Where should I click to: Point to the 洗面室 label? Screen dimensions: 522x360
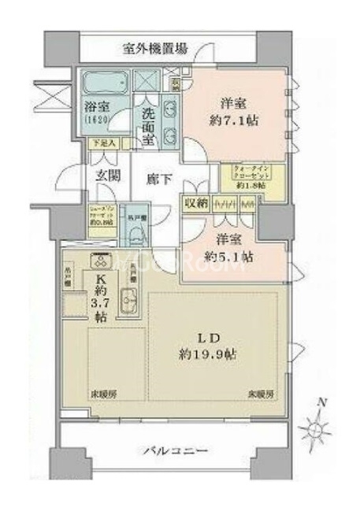(149, 124)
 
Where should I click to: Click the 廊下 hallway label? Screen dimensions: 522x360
(154, 179)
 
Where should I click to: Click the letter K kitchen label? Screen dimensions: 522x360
(101, 278)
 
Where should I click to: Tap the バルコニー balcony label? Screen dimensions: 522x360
(176, 451)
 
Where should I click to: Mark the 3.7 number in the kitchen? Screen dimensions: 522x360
(100, 305)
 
